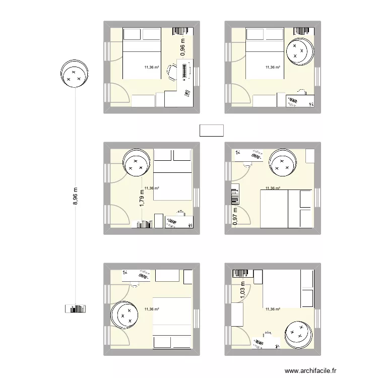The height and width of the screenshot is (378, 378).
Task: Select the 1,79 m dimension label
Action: [x=142, y=198]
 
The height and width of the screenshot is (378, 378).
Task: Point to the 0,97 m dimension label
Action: [x=235, y=216]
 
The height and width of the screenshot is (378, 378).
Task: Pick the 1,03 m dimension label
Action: [x=243, y=290]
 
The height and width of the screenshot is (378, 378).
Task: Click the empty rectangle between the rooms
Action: [x=212, y=131]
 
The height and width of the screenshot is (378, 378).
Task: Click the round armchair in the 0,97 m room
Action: [x=283, y=163]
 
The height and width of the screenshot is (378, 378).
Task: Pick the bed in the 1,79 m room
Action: [x=172, y=175]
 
